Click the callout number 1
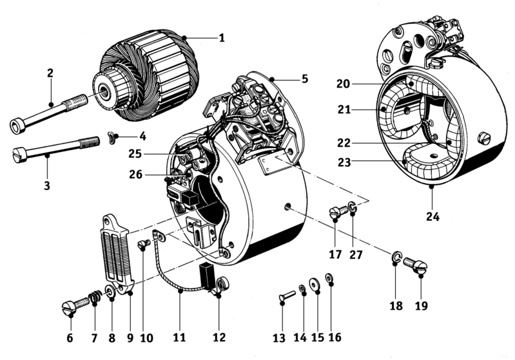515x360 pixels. click(221, 38)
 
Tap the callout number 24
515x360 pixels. click(432, 216)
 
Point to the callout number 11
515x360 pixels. click(179, 337)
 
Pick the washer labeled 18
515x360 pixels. click(396, 258)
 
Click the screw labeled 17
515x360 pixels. click(336, 213)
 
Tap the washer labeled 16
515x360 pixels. click(330, 278)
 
